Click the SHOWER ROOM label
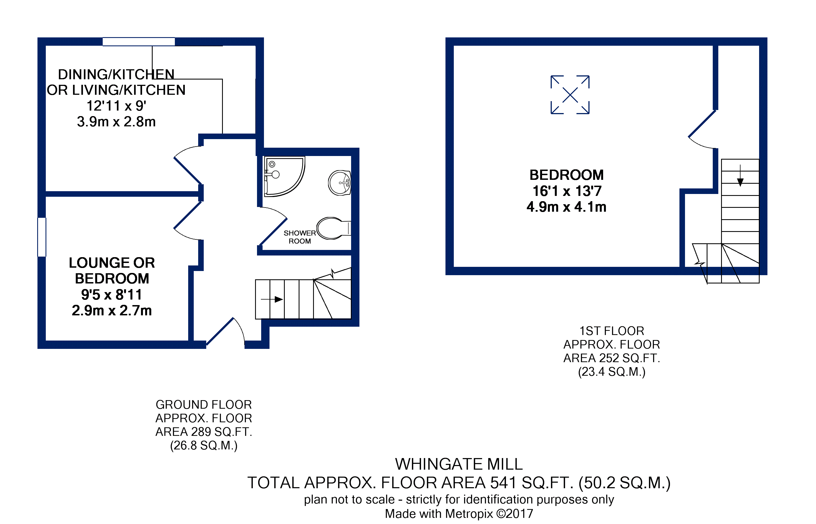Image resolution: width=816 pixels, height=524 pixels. (300, 237)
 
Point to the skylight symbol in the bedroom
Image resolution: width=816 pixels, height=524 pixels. (570, 94)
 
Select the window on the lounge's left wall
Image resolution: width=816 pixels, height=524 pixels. (42, 237)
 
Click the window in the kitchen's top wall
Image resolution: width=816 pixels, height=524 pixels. (139, 42)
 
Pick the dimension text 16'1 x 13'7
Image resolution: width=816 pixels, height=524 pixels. (567, 191)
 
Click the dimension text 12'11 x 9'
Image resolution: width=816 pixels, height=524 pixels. (116, 106)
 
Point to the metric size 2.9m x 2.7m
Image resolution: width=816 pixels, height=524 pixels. (112, 311)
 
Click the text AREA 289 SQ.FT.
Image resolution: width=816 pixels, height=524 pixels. (204, 432)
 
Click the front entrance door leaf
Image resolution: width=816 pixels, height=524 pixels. (220, 331)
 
